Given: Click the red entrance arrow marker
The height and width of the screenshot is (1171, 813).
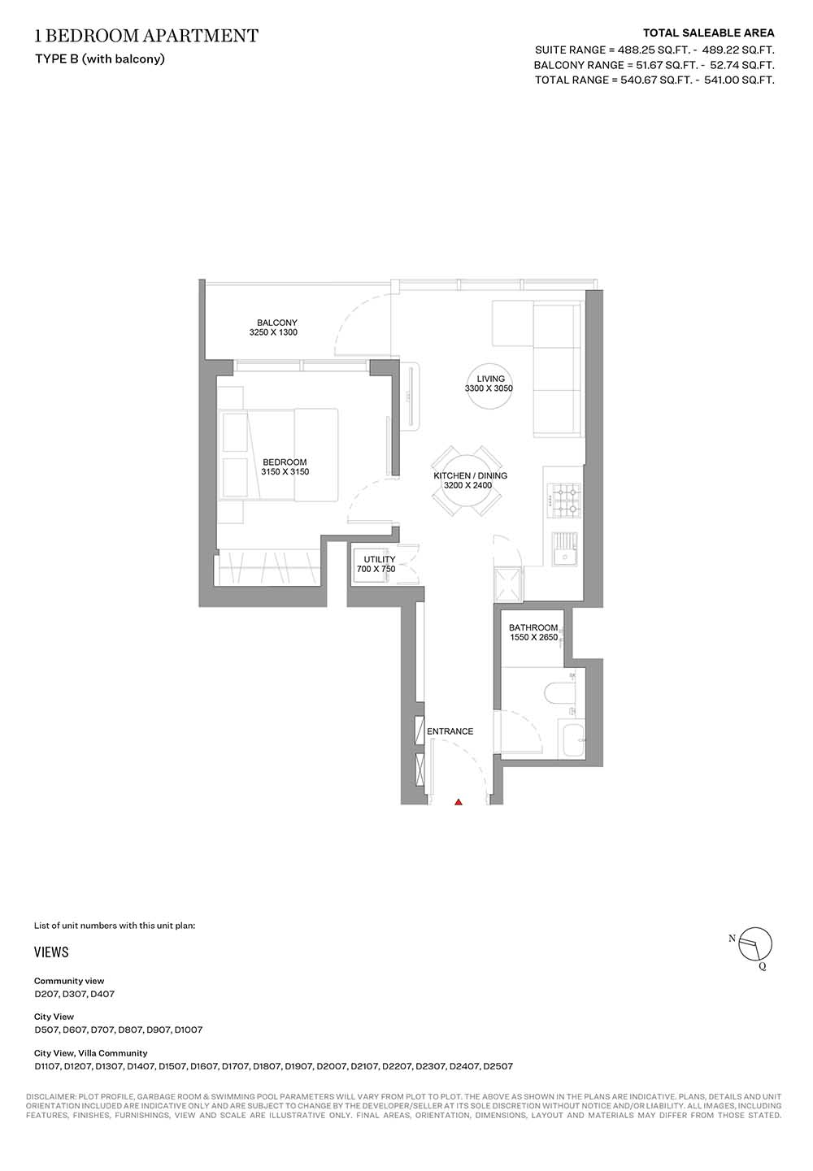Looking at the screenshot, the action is click(x=459, y=802).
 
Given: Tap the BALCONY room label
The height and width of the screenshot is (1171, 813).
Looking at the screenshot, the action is click(x=276, y=323).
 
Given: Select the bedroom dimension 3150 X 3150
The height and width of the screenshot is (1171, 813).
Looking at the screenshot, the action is click(x=285, y=471).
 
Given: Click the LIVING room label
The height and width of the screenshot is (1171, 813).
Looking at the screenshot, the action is click(x=491, y=379).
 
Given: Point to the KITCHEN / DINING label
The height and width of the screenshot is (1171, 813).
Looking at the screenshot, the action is click(x=471, y=475).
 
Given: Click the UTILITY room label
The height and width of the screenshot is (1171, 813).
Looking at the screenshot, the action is click(x=380, y=559).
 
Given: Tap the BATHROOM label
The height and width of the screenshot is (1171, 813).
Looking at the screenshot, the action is click(x=533, y=627).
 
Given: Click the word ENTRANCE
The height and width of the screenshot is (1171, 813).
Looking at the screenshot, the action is click(x=450, y=731).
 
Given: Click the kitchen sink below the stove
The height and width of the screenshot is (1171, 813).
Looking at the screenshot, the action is click(x=564, y=549).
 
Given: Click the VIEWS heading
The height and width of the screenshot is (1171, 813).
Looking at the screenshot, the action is click(x=51, y=952).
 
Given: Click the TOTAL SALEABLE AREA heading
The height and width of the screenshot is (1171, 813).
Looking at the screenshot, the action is click(x=708, y=33).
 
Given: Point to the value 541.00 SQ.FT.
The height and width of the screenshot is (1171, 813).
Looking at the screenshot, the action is click(x=739, y=80).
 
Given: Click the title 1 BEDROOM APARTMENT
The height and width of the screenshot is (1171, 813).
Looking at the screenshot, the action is click(x=146, y=36).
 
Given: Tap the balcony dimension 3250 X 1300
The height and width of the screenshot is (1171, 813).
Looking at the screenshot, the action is click(x=273, y=332).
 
